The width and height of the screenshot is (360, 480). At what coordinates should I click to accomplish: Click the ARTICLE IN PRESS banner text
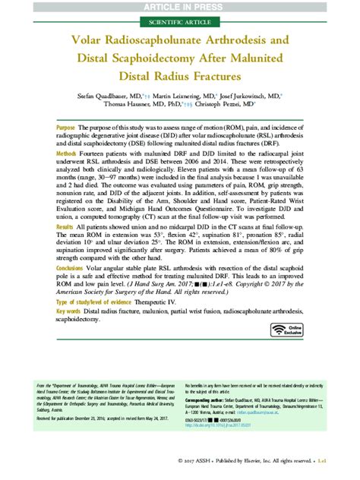point(179,7)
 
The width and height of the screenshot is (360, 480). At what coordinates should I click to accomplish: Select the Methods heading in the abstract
point(66,154)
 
